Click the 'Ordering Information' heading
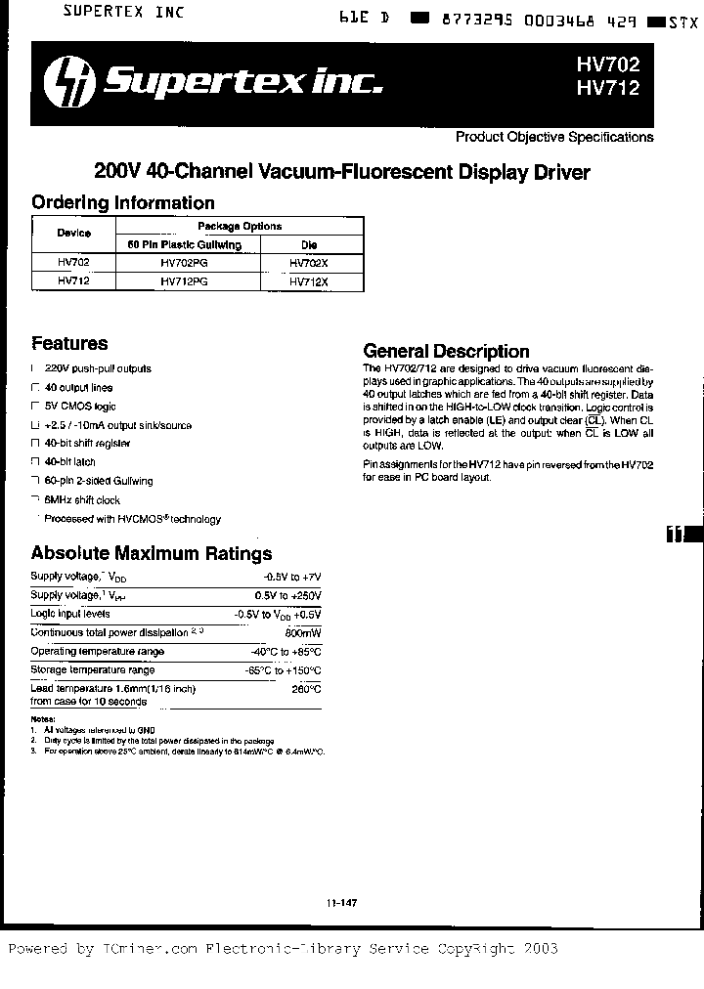coord(123,203)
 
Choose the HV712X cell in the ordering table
coord(309,280)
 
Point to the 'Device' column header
coord(73,234)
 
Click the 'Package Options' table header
coord(240,226)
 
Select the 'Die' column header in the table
coord(309,244)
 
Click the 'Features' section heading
coord(69,344)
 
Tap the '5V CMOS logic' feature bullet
coord(80,407)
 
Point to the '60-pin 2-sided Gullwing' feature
coord(99,481)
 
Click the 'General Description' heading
coord(446,351)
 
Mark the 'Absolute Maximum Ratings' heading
coord(152,554)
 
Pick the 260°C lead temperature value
coord(307,689)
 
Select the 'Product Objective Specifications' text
coord(554,138)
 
